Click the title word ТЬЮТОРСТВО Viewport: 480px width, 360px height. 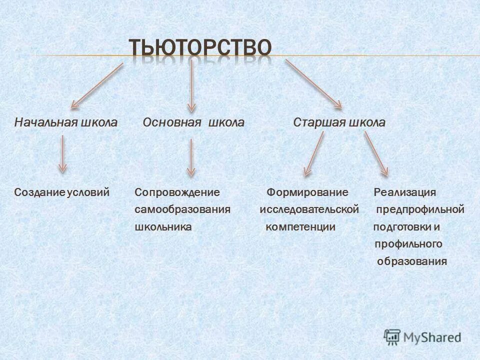(x=200, y=48)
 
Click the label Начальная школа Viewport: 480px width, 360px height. (x=65, y=122)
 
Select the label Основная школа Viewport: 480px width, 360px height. (x=193, y=122)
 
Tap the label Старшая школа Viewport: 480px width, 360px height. (x=339, y=122)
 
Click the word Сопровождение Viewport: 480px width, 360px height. (x=177, y=192)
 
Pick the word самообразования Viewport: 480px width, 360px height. (x=182, y=209)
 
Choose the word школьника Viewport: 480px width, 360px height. (x=163, y=226)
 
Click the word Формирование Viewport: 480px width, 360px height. (x=307, y=192)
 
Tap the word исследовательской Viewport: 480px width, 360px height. (x=309, y=209)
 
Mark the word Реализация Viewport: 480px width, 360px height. (x=405, y=192)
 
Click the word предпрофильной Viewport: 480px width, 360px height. (x=420, y=209)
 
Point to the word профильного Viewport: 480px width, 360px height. (x=408, y=244)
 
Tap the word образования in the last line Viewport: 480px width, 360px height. (x=411, y=261)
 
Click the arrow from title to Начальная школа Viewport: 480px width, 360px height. (x=97, y=85)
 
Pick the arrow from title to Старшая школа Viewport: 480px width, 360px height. (x=313, y=83)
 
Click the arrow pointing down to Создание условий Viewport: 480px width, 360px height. (x=62, y=154)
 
